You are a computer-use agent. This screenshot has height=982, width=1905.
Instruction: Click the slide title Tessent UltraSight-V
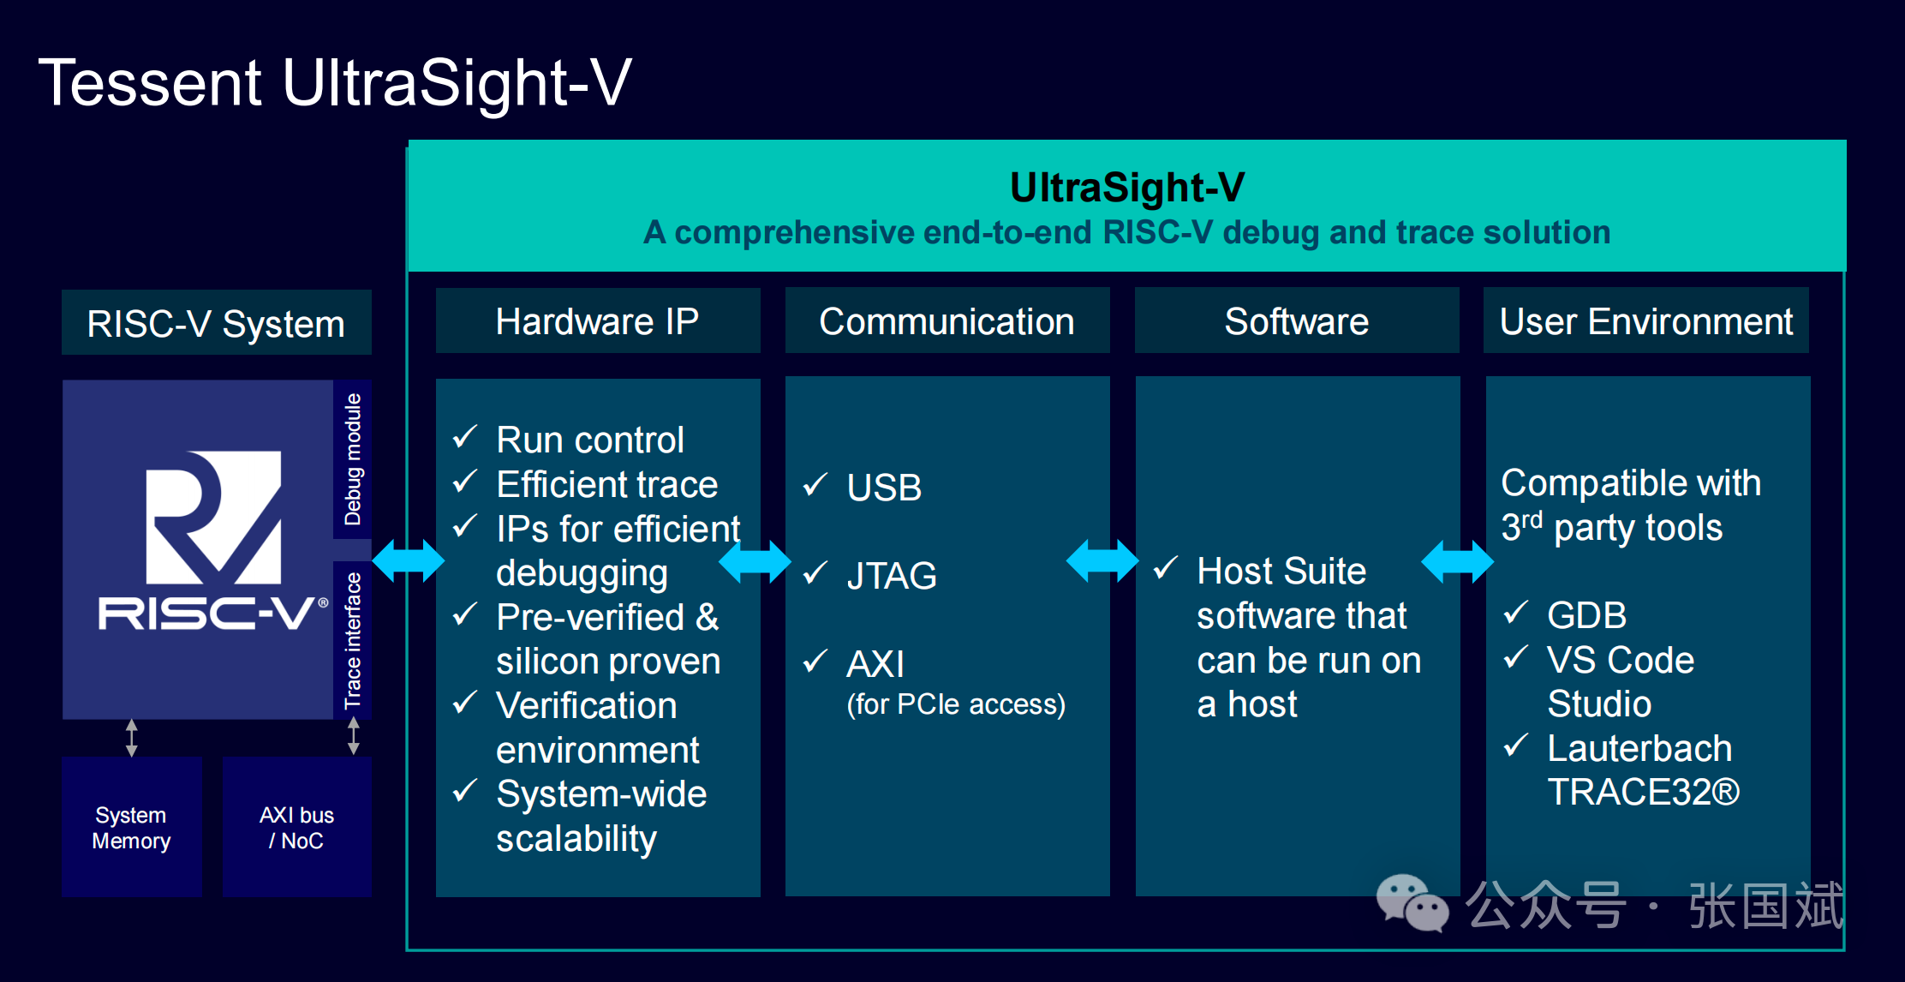[x=335, y=82]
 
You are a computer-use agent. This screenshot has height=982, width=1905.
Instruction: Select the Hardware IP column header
[x=598, y=321]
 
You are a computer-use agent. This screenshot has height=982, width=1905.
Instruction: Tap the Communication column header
[x=947, y=321]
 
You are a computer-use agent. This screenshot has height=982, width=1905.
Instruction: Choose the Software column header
[x=1297, y=321]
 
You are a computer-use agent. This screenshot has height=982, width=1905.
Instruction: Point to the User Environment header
[x=1646, y=321]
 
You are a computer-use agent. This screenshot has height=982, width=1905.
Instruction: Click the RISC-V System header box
[x=217, y=323]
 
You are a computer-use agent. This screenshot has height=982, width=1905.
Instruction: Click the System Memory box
[x=132, y=827]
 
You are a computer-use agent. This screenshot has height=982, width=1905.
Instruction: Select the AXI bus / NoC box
[x=297, y=827]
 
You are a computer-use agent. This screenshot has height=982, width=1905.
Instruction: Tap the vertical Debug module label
[x=353, y=459]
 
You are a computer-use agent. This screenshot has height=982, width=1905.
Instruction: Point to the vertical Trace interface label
[x=353, y=640]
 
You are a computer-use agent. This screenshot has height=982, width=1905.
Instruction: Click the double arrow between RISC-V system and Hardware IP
[x=409, y=561]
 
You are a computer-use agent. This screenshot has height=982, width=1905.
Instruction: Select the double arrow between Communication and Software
[x=1102, y=561]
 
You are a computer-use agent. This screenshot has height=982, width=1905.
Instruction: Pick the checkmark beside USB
[x=815, y=485]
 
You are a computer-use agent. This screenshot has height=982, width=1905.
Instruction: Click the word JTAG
[x=892, y=576]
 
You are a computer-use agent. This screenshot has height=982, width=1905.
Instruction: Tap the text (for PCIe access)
[x=956, y=704]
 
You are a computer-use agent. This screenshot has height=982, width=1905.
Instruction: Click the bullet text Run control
[x=590, y=440]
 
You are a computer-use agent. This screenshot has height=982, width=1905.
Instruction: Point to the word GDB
[x=1586, y=615]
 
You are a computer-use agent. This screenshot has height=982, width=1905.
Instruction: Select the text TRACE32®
[x=1644, y=793]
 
